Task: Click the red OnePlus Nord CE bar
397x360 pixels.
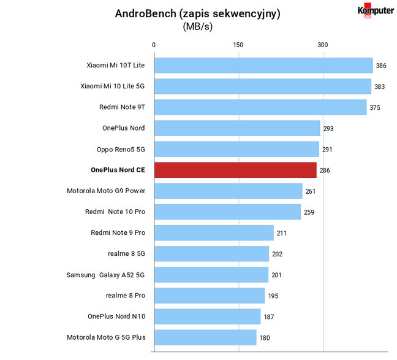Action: [235, 170]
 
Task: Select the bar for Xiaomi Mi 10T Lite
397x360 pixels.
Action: [263, 66]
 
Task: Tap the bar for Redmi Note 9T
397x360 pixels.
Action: [260, 107]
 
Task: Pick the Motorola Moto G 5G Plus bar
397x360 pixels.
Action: [205, 337]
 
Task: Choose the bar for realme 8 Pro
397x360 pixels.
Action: [210, 296]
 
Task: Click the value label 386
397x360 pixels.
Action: [381, 66]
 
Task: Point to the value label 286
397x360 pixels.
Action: [325, 170]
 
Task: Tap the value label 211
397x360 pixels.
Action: [282, 233]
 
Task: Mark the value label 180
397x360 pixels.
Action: [265, 338]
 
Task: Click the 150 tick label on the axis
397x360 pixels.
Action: [238, 45]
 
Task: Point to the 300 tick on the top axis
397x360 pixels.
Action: [322, 45]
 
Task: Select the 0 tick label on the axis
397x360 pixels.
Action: [154, 45]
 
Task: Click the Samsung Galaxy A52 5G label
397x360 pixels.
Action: [105, 275]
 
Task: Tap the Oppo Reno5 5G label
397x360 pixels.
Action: [121, 149]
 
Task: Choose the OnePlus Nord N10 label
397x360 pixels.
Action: [116, 316]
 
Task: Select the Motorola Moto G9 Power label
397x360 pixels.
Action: [106, 191]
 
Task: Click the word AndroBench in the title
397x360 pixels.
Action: [146, 13]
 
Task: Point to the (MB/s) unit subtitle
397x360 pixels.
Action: [198, 26]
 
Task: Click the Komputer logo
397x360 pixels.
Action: [376, 10]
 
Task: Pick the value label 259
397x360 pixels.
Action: [309, 212]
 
